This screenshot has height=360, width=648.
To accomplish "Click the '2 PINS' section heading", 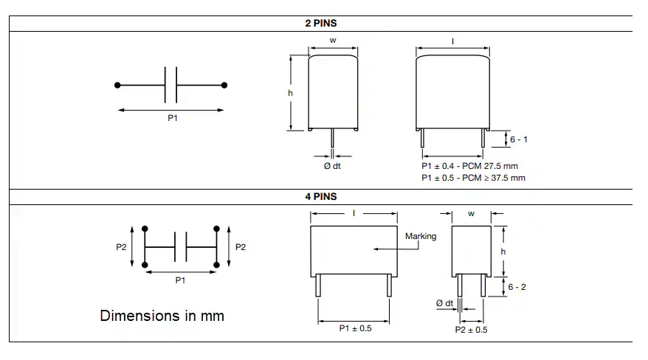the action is pyautogui.click(x=321, y=23).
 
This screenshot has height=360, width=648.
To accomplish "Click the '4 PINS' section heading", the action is pyautogui.click(x=321, y=196).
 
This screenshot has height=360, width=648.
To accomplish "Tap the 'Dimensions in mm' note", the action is pyautogui.click(x=162, y=316).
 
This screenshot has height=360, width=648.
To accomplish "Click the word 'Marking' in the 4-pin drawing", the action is pyautogui.click(x=421, y=236).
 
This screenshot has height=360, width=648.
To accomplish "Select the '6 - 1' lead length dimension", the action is pyautogui.click(x=519, y=139).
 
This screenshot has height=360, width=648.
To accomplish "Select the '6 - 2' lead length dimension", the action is pyautogui.click(x=517, y=287).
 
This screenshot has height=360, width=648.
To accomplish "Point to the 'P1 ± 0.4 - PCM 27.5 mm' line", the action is pyautogui.click(x=469, y=166).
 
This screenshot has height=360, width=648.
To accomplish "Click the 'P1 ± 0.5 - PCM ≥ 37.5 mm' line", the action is pyautogui.click(x=473, y=178).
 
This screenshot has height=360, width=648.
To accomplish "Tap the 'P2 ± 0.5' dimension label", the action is pyautogui.click(x=471, y=330).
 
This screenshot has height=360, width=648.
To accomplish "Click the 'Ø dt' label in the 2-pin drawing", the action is pyautogui.click(x=332, y=166).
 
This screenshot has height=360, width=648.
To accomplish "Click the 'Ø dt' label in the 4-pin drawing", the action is pyautogui.click(x=445, y=303).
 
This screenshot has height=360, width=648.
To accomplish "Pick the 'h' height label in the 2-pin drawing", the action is pyautogui.click(x=290, y=93).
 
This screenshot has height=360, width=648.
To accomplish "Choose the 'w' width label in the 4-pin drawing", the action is pyautogui.click(x=471, y=214).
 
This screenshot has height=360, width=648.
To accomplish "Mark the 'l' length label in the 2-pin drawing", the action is pyautogui.click(x=452, y=41).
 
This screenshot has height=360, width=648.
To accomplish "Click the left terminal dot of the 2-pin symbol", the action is pyautogui.click(x=117, y=86).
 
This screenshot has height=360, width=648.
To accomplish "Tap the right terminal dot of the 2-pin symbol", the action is pyautogui.click(x=224, y=86).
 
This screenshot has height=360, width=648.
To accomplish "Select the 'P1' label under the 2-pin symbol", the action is pyautogui.click(x=173, y=118).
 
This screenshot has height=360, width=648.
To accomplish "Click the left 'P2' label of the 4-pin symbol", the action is pyautogui.click(x=121, y=247).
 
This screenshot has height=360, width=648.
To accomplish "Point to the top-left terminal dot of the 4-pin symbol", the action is pyautogui.click(x=145, y=229).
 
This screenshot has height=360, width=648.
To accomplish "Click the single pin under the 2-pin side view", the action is pyautogui.click(x=332, y=138).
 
